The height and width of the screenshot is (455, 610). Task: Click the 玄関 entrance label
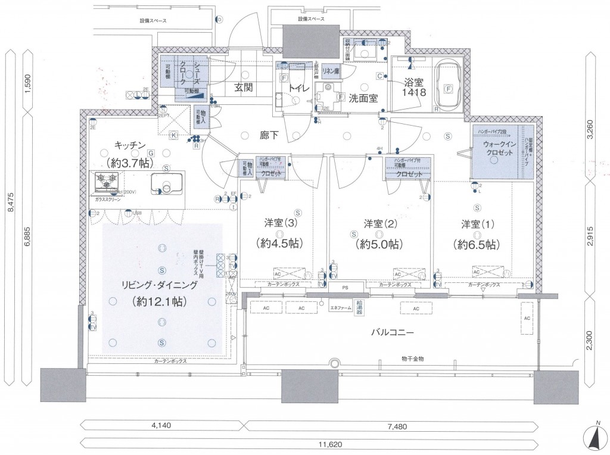pyautogui.click(x=243, y=88)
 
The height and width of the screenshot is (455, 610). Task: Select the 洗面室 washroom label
pyautogui.click(x=363, y=99)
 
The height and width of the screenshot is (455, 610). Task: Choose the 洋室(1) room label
pyautogui.click(x=477, y=225)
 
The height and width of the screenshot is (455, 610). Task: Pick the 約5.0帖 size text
pyautogui.click(x=378, y=244)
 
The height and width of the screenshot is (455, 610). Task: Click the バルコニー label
pyautogui.click(x=389, y=332)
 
